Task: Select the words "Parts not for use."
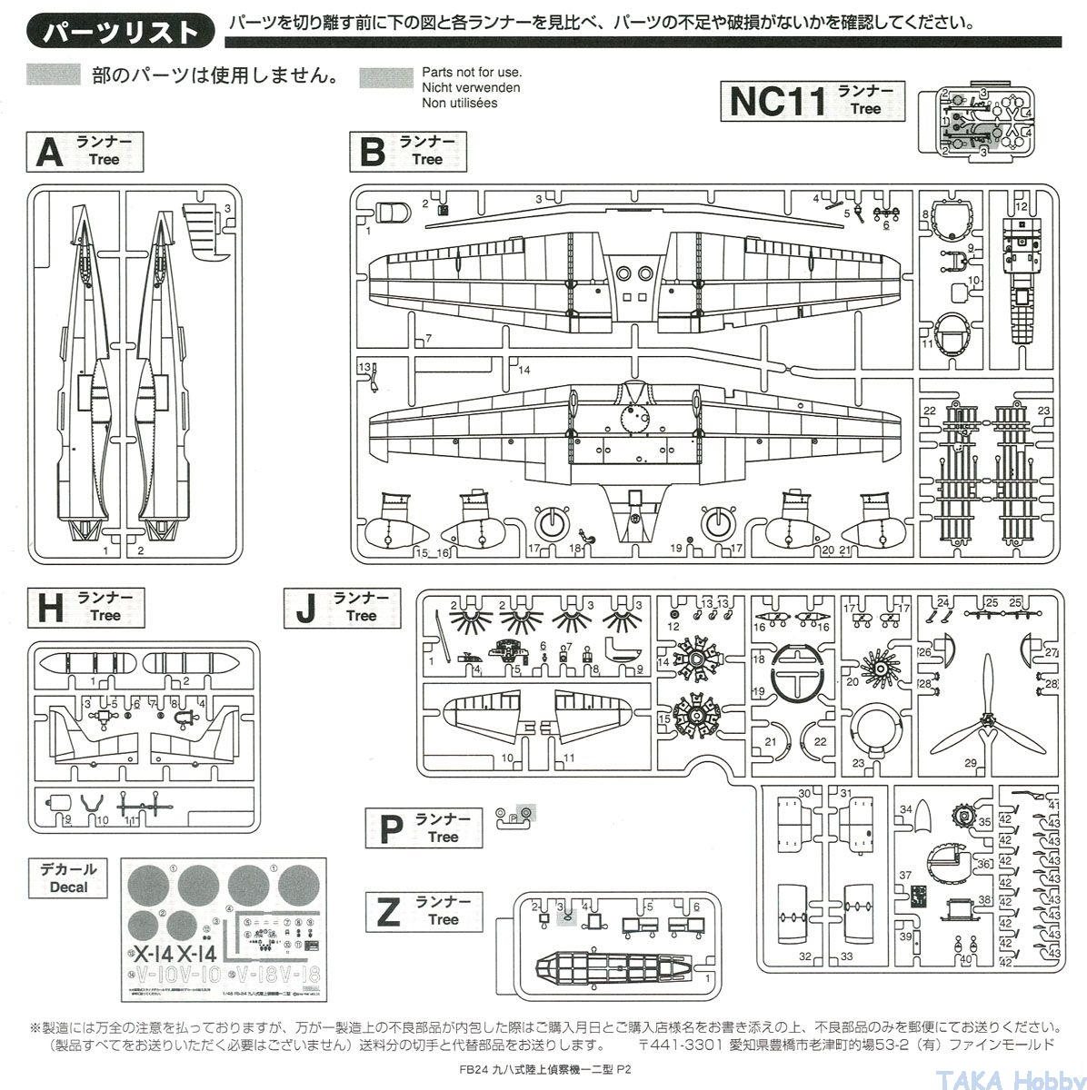(x=472, y=72)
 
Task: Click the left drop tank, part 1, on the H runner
(x=94, y=666)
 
